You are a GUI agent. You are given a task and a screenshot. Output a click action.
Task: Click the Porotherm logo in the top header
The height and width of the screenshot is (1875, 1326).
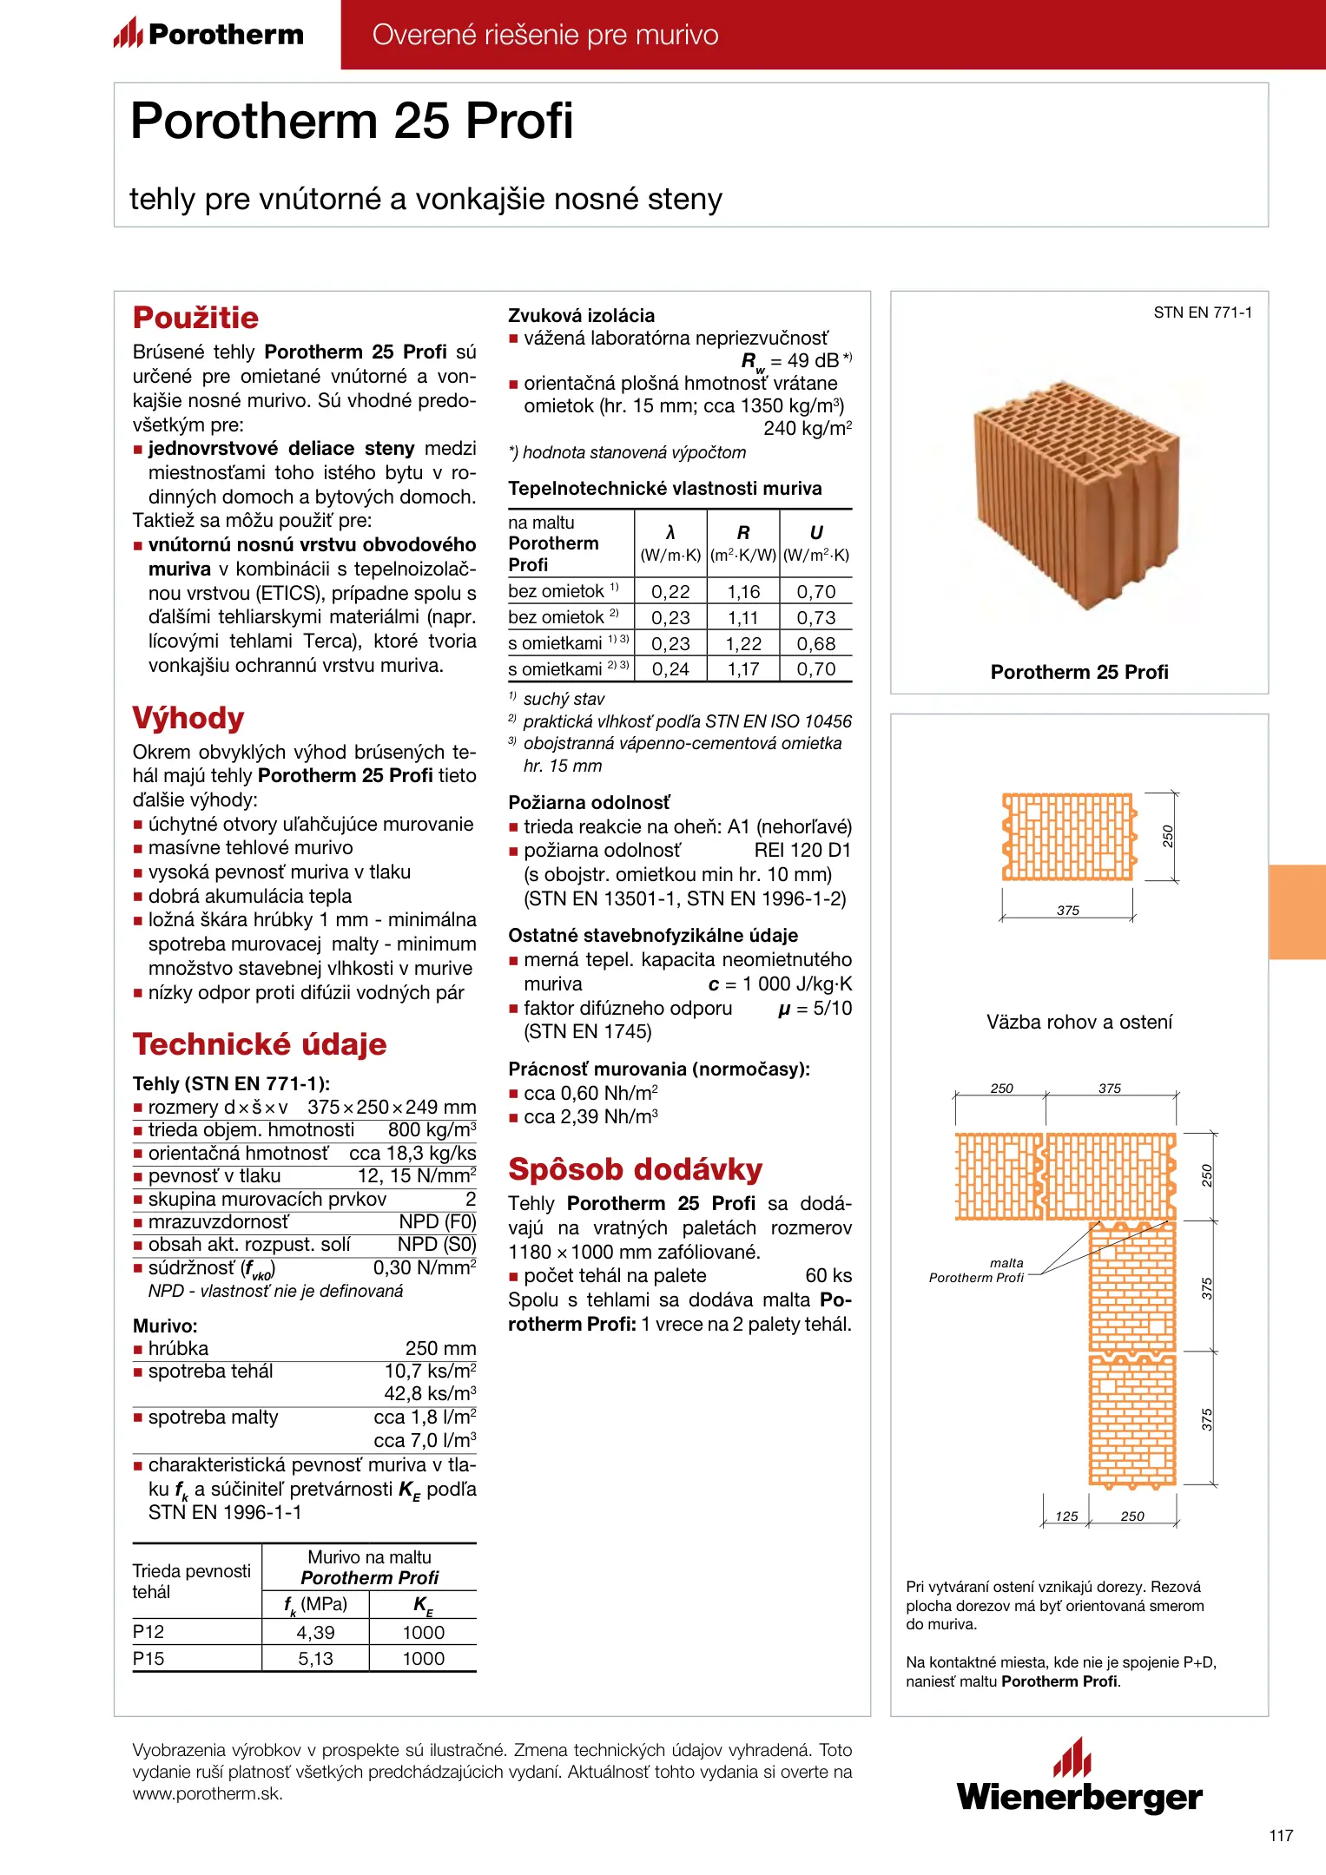208,35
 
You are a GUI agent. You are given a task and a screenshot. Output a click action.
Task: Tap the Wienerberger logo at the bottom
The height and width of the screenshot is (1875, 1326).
1079,1778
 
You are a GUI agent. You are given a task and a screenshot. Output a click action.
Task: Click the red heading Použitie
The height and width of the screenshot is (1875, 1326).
195,318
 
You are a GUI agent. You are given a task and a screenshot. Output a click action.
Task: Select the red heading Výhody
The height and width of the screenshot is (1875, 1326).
188,718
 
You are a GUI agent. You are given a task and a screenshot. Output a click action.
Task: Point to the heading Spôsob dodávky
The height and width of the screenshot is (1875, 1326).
635,1169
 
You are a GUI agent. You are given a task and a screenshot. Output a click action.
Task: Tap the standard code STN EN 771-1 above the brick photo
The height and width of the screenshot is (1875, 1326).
1203,312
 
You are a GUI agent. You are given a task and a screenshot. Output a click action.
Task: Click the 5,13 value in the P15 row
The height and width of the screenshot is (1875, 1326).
315,1659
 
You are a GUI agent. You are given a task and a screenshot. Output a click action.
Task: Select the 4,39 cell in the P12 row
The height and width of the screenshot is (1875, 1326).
315,1633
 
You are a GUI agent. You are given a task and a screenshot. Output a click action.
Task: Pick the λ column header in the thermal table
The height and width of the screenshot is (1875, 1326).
670,533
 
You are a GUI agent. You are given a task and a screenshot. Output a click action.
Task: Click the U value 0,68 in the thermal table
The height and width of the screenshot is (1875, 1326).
816,644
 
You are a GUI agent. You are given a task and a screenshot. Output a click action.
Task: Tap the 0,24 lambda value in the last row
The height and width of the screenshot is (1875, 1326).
670,669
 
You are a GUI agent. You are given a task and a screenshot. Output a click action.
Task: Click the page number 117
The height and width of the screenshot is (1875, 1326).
1281,1835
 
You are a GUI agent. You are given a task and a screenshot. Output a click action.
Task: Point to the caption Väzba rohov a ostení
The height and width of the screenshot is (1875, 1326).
1079,1022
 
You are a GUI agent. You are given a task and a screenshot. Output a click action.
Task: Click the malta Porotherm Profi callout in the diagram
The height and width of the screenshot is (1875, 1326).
978,1270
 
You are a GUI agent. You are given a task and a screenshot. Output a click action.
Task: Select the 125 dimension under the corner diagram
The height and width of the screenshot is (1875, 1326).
1066,1516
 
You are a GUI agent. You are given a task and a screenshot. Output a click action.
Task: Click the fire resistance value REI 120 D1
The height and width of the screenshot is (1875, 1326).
802,851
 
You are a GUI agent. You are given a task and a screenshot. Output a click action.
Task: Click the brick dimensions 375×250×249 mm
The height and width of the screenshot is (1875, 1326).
392,1108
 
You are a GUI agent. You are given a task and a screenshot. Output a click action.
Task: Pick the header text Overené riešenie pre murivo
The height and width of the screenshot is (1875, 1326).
545,35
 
